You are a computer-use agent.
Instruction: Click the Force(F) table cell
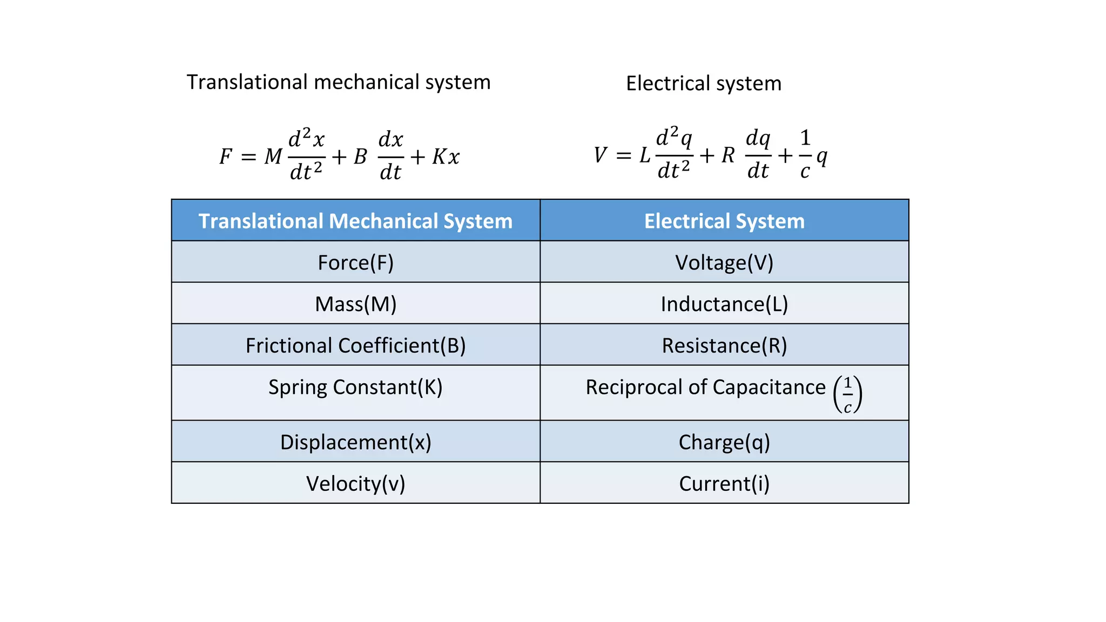[355, 262]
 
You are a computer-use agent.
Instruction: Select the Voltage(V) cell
[724, 262]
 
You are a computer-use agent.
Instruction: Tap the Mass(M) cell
[355, 304]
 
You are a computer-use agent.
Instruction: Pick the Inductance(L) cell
[724, 304]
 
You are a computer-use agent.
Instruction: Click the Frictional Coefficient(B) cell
[355, 346]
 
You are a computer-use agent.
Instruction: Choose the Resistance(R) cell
[724, 346]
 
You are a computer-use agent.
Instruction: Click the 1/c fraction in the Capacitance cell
[847, 395]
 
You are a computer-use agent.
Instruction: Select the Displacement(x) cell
[355, 442]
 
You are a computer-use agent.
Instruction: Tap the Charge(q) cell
[724, 442]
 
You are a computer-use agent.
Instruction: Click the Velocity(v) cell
[355, 484]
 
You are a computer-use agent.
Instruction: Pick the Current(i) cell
[724, 484]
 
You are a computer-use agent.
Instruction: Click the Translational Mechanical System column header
[355, 221]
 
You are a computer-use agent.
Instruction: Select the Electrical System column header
[724, 221]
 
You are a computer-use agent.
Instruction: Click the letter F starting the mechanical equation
[225, 157]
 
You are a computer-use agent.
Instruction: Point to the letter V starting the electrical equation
[599, 155]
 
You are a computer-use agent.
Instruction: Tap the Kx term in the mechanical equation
[446, 157]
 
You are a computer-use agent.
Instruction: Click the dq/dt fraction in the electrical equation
[758, 155]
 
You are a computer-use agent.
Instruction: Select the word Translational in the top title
[247, 82]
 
